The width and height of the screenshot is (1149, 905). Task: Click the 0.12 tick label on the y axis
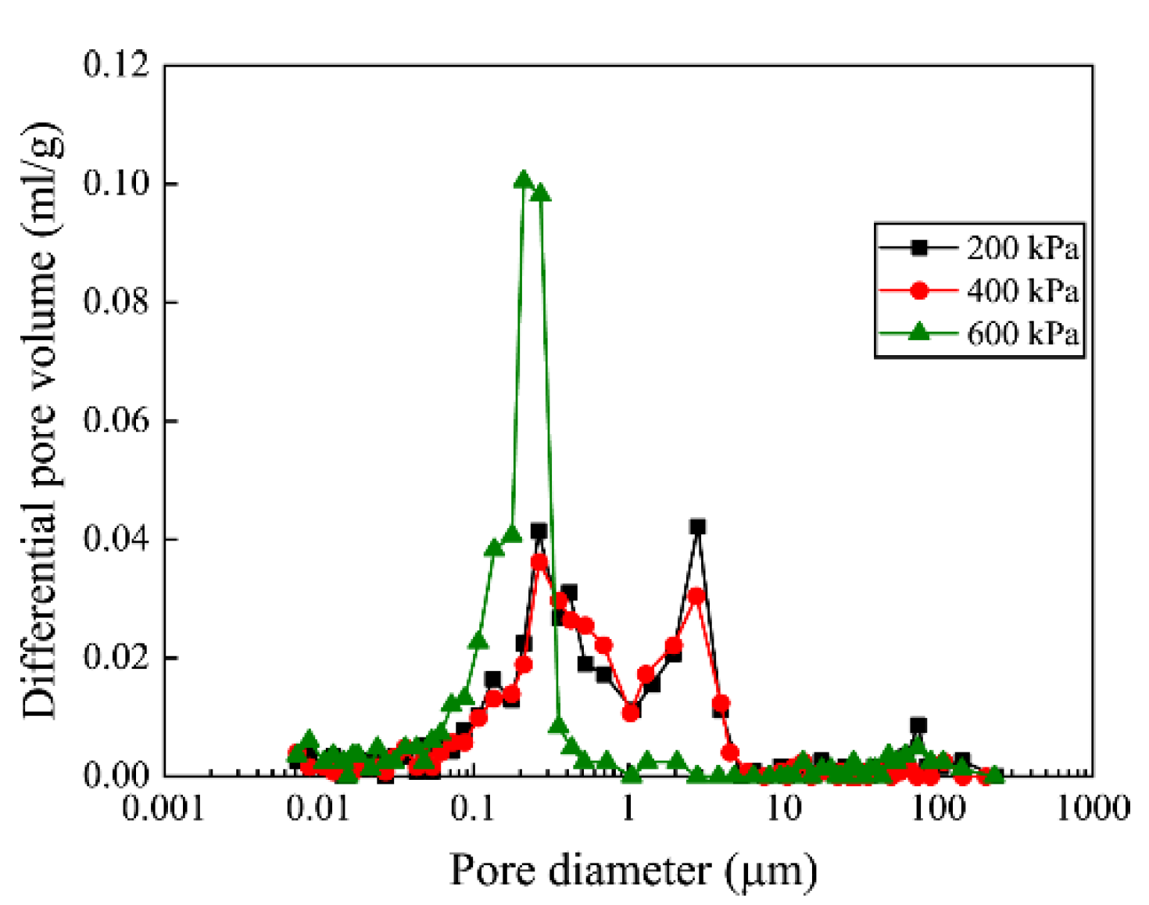point(116,65)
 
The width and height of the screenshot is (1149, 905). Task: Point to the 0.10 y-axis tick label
point(116,184)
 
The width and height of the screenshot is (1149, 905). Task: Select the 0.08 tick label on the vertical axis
point(116,302)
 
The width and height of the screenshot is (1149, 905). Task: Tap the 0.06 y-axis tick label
point(116,421)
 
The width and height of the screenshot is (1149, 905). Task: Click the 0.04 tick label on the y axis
point(116,540)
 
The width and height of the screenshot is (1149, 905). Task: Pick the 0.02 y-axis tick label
point(116,658)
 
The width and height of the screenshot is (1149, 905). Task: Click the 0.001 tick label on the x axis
point(163,809)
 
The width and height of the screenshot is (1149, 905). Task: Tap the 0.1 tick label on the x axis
point(473,809)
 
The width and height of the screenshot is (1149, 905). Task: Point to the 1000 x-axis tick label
point(1093,809)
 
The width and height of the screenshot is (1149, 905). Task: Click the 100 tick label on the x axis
point(938,809)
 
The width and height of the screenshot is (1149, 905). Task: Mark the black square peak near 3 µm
point(697,527)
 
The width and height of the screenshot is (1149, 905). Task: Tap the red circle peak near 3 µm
point(696,596)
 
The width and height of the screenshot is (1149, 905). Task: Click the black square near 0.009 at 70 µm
point(918,725)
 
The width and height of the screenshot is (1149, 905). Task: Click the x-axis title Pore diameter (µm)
point(633,871)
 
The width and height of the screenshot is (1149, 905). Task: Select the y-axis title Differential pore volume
point(41,421)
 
